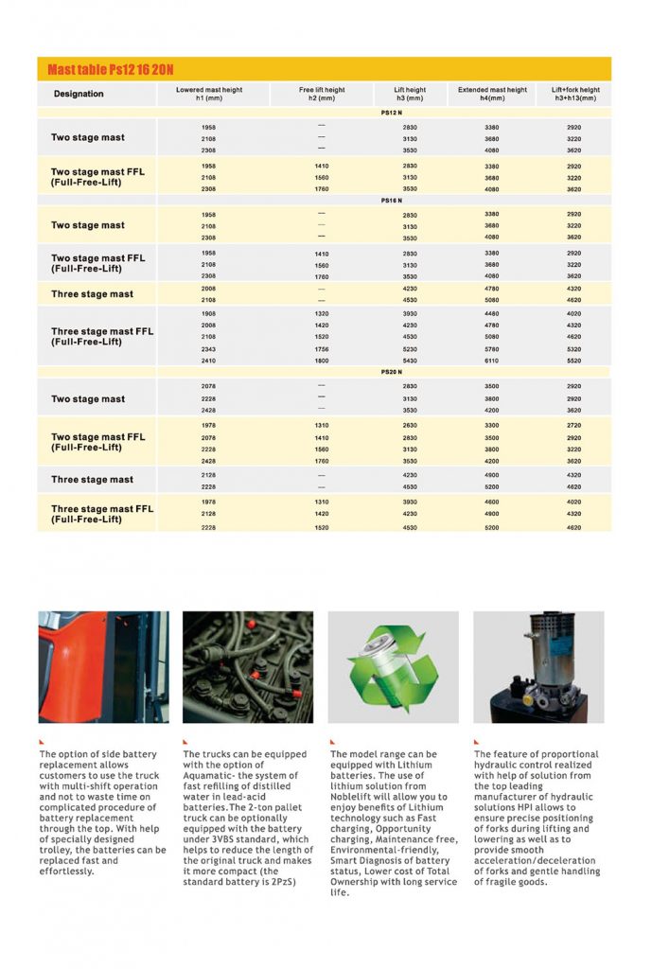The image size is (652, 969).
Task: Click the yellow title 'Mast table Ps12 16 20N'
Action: [x=111, y=70]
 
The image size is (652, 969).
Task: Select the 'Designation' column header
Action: [x=79, y=94]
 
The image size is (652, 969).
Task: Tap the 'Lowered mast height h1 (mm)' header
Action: [x=208, y=94]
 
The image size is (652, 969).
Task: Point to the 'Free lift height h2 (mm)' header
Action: [x=322, y=94]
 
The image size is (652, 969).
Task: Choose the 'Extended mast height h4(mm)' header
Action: [x=492, y=94]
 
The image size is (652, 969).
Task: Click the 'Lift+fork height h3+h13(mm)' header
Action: [x=575, y=94]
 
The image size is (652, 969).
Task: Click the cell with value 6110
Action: [x=492, y=361]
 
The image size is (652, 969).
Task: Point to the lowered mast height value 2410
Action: [x=208, y=361]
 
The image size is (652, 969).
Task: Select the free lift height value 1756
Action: [x=322, y=348]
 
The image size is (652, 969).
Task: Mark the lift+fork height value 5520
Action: [x=574, y=361]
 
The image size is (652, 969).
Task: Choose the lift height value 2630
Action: [x=410, y=426]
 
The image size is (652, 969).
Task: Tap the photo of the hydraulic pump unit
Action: [x=537, y=666]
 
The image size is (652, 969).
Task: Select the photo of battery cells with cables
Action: [x=248, y=666]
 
